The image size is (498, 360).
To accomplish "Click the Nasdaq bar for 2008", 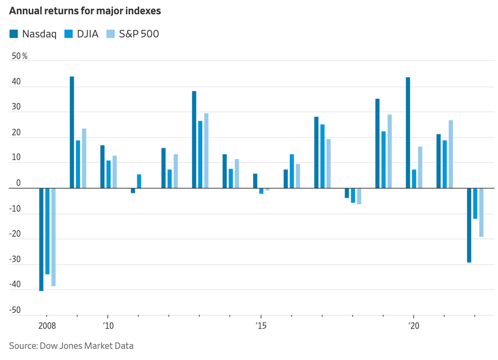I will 41,240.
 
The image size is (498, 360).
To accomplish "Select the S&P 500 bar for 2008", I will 53,237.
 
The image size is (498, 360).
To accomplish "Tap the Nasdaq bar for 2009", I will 72,132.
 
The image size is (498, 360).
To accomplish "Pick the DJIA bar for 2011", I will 139,181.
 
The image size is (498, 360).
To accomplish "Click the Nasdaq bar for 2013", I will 194,140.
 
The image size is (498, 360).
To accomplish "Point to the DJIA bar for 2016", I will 292,171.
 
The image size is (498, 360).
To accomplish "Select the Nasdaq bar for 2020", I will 408,133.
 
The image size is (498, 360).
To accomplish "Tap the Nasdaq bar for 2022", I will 469,225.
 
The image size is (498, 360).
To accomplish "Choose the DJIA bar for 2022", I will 475,204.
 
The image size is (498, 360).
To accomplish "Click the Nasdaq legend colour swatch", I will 13,34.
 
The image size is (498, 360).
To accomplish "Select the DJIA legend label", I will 88,34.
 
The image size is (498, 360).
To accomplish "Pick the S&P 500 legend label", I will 139,34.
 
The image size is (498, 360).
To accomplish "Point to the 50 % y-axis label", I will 19,56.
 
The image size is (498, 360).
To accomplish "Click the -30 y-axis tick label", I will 16,259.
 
